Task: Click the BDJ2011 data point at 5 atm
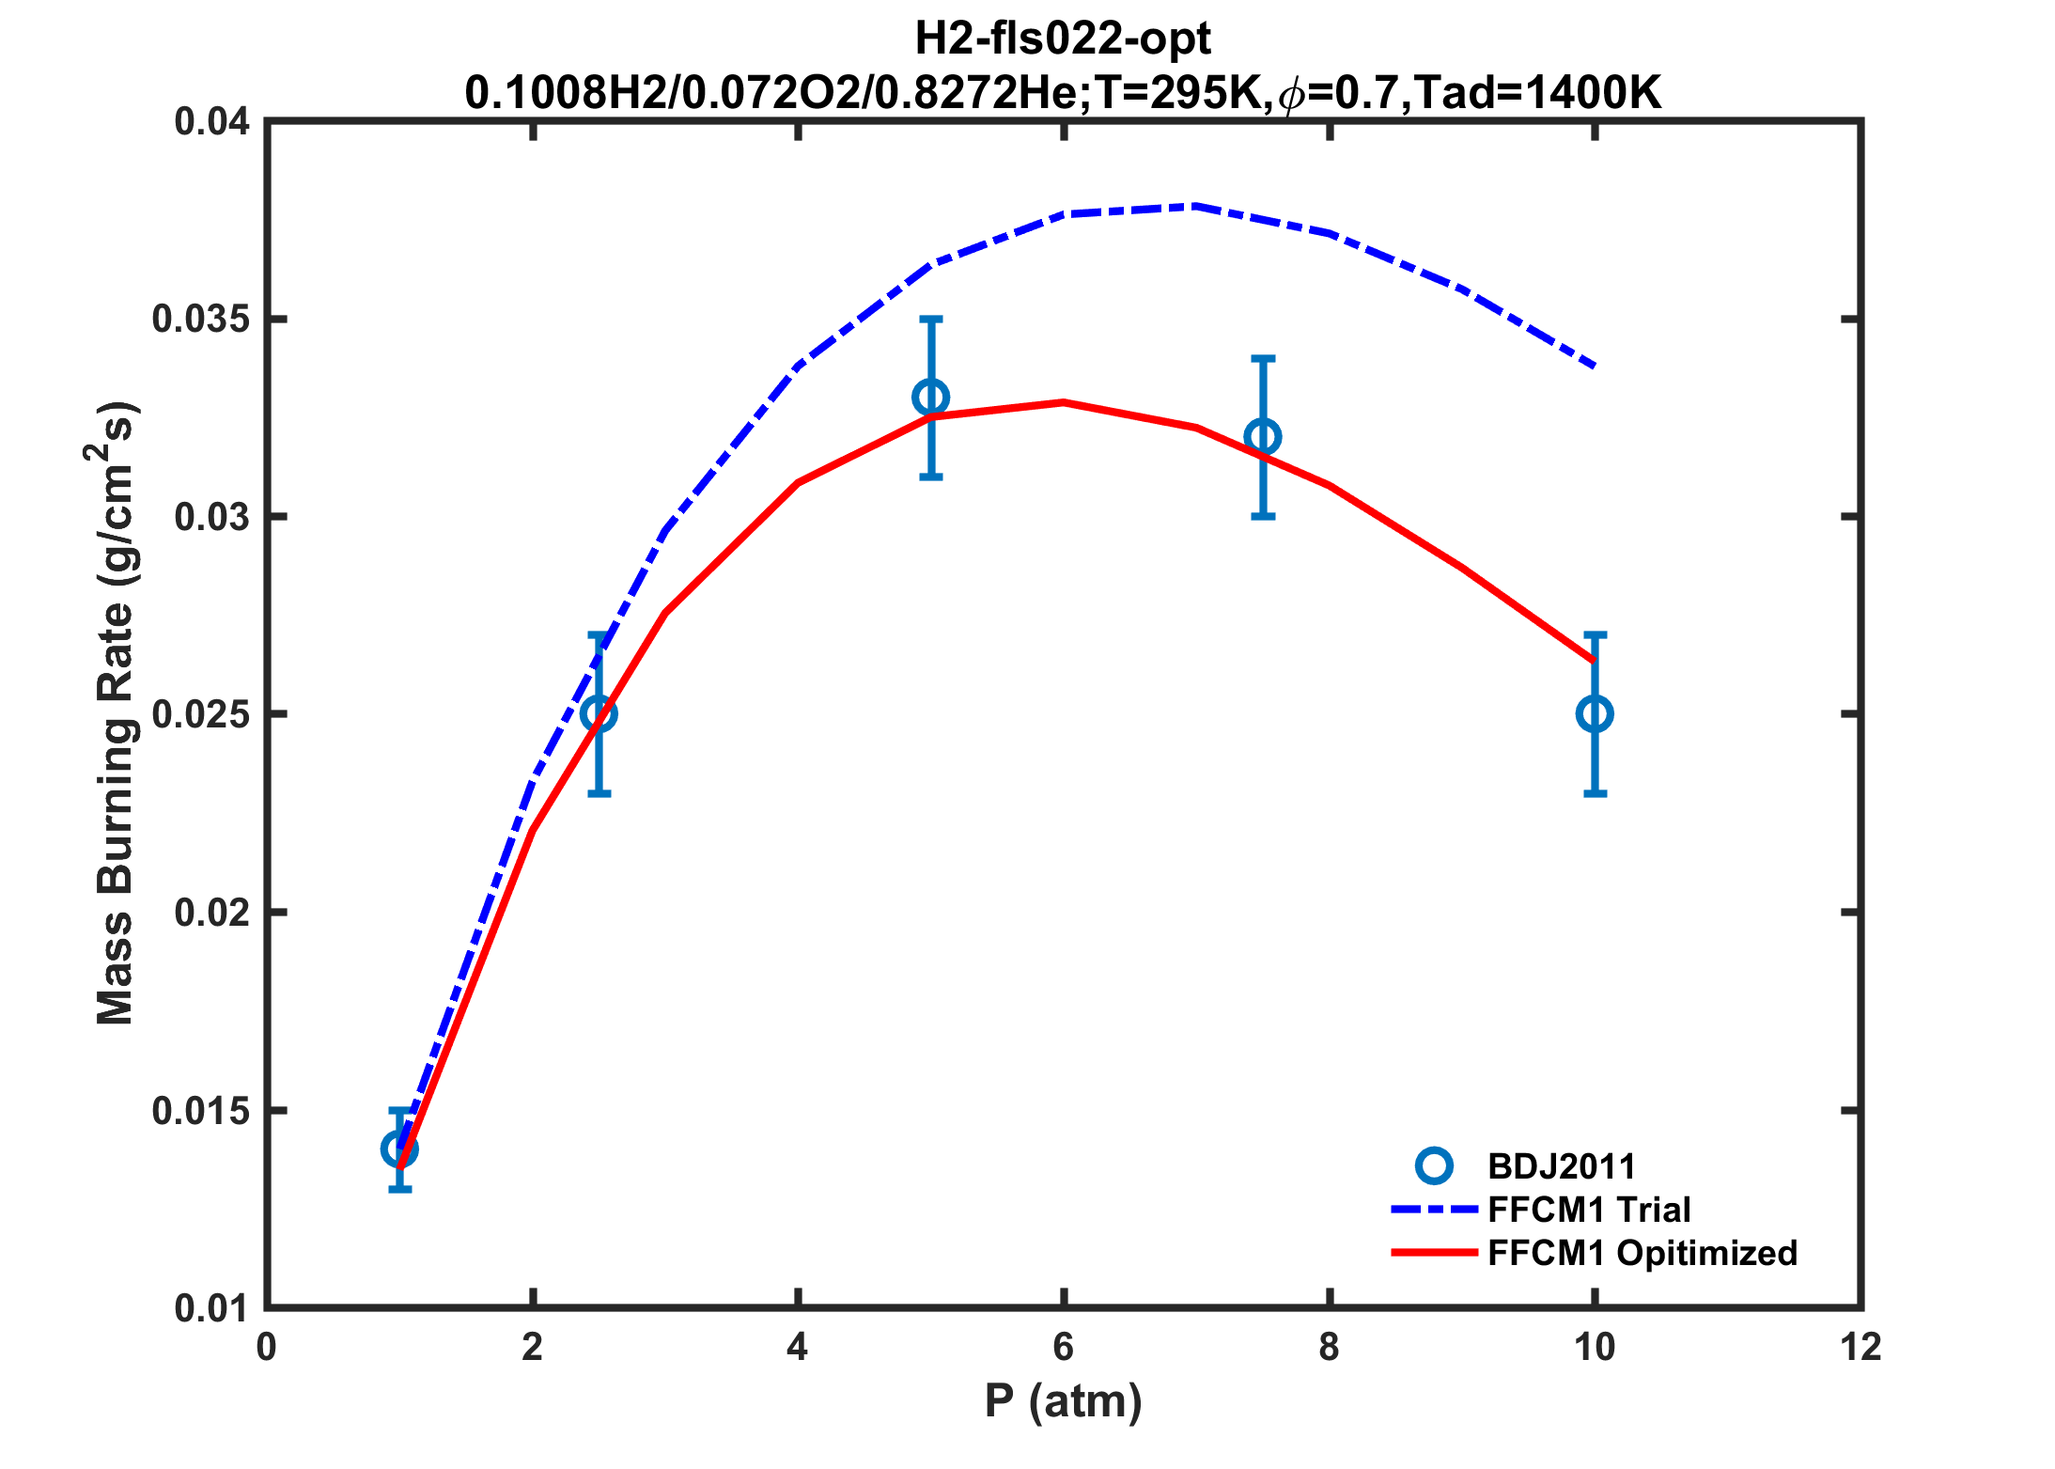click(930, 398)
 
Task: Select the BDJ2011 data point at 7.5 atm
click(1263, 437)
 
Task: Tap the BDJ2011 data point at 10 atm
click(1595, 714)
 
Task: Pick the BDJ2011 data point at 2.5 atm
click(599, 714)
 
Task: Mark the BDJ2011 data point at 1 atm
click(399, 1149)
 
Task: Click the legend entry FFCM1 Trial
click(1589, 1210)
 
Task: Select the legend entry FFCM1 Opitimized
click(1642, 1253)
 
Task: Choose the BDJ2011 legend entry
click(1561, 1166)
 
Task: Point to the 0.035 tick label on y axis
click(201, 320)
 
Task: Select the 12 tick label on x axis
click(1860, 1348)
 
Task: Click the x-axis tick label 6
click(1064, 1348)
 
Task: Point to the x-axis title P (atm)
click(1064, 1402)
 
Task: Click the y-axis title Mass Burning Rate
click(117, 714)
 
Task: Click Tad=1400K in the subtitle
click(1537, 93)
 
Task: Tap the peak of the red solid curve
click(1064, 402)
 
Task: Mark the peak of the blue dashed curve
click(1193, 205)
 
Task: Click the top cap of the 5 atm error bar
click(930, 320)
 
